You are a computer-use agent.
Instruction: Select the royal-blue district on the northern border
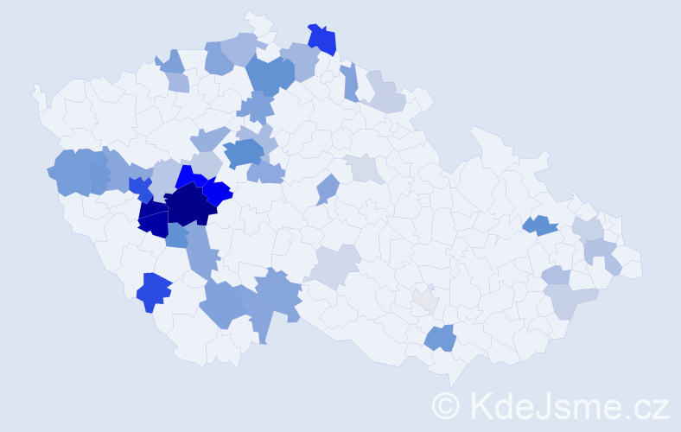[322, 39]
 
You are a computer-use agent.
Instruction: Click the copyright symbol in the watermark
[447, 405]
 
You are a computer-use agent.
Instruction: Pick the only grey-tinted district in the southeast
[425, 300]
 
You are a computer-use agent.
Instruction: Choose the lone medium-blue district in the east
[541, 226]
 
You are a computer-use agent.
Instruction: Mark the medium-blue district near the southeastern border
[441, 337]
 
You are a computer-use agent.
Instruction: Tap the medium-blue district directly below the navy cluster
[177, 235]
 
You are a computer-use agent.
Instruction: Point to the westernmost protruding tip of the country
[36, 89]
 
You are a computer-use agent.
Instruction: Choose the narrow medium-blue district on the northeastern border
[350, 82]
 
